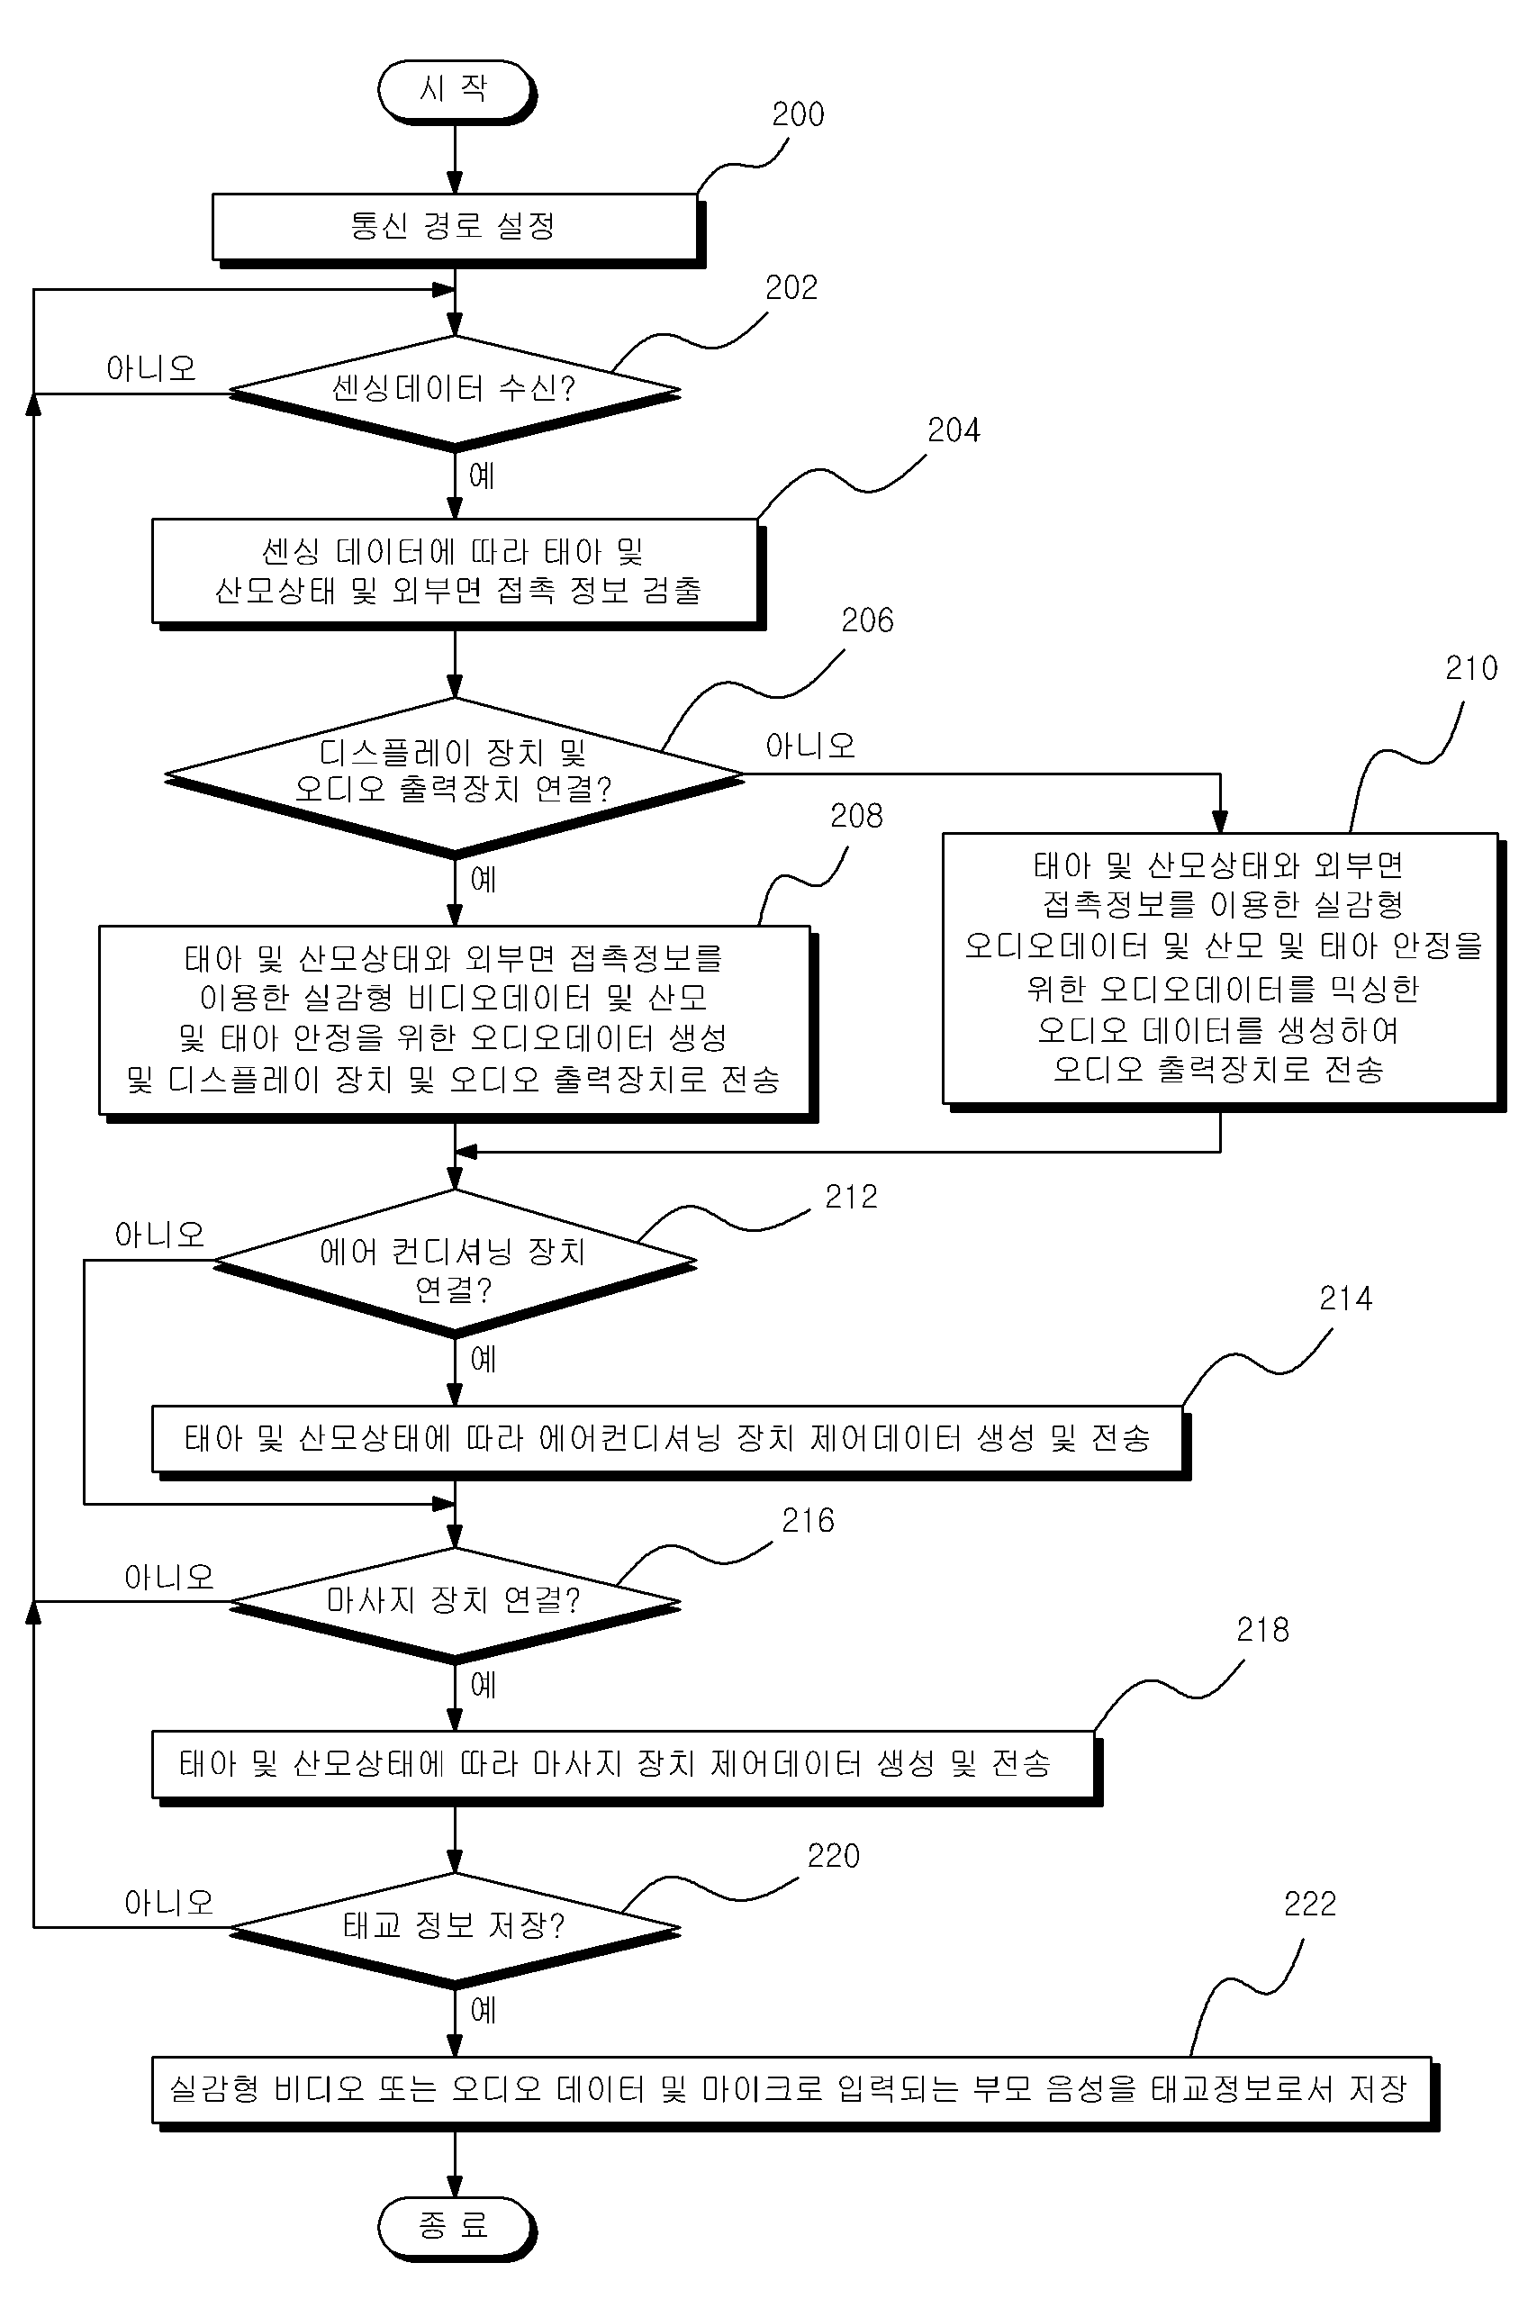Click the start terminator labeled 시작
[456, 90]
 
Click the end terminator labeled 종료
[456, 2228]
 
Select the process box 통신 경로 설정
[457, 229]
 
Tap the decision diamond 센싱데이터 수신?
[455, 391]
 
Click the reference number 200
[798, 114]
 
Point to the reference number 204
[954, 430]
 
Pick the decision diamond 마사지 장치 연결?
[455, 1603]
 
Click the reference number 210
[1471, 668]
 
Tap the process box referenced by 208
[457, 1023]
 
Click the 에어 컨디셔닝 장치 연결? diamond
[455, 1262]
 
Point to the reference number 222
[1309, 1905]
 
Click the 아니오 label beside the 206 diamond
[809, 747]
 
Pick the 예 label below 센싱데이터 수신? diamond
[482, 476]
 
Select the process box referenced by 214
[670, 1441]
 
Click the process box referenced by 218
[626, 1767]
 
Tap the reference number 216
[808, 1521]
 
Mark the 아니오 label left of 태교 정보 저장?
[168, 1903]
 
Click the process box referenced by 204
[457, 574]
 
